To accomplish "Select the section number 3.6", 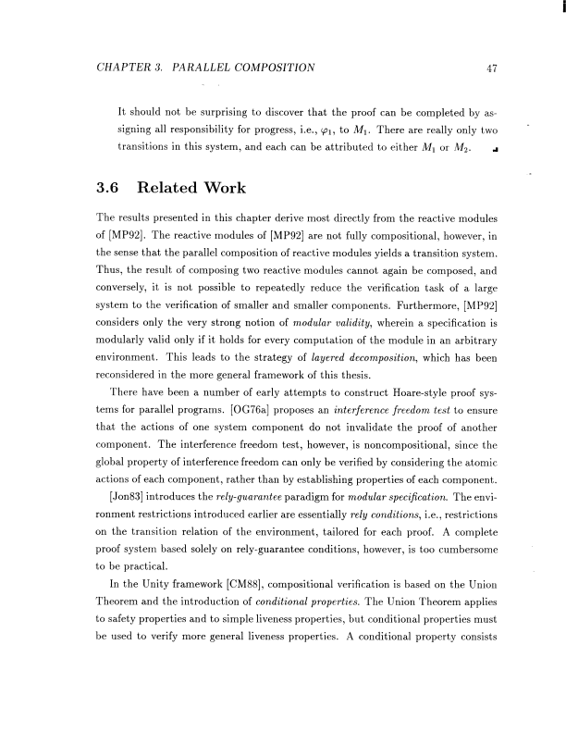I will (x=111, y=190).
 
